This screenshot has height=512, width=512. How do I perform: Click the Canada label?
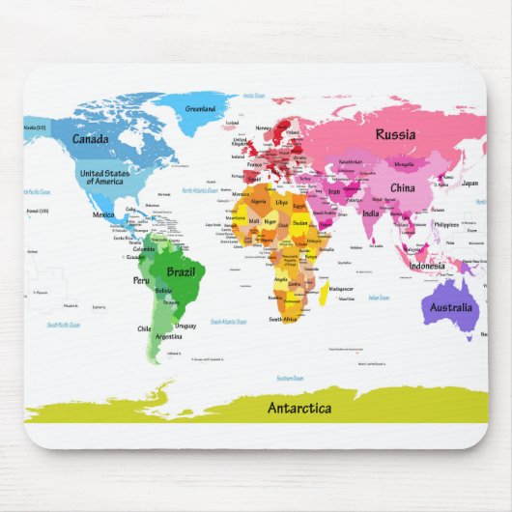click(x=90, y=139)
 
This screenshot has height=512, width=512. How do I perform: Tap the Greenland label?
click(x=200, y=109)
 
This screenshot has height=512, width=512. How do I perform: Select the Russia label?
click(x=395, y=135)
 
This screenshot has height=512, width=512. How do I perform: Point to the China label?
click(x=403, y=187)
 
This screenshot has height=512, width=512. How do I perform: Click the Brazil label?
click(x=182, y=272)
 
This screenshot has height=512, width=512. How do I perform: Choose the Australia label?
click(x=450, y=308)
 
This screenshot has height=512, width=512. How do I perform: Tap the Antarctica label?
click(x=299, y=408)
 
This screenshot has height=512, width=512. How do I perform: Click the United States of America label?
click(x=103, y=177)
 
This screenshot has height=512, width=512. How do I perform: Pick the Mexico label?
click(x=103, y=214)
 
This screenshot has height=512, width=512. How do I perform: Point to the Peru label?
click(x=141, y=280)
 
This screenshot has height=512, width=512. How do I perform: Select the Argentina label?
click(x=168, y=337)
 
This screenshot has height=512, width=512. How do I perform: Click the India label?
click(x=371, y=213)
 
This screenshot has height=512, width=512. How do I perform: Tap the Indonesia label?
click(x=427, y=266)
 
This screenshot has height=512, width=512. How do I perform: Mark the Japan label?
click(x=469, y=183)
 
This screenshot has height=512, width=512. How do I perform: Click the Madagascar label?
click(x=341, y=289)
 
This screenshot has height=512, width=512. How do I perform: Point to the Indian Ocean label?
click(x=378, y=298)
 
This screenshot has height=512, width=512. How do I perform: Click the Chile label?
click(x=144, y=328)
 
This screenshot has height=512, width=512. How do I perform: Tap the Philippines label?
click(x=445, y=224)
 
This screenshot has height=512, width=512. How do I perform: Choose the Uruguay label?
click(x=185, y=326)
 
